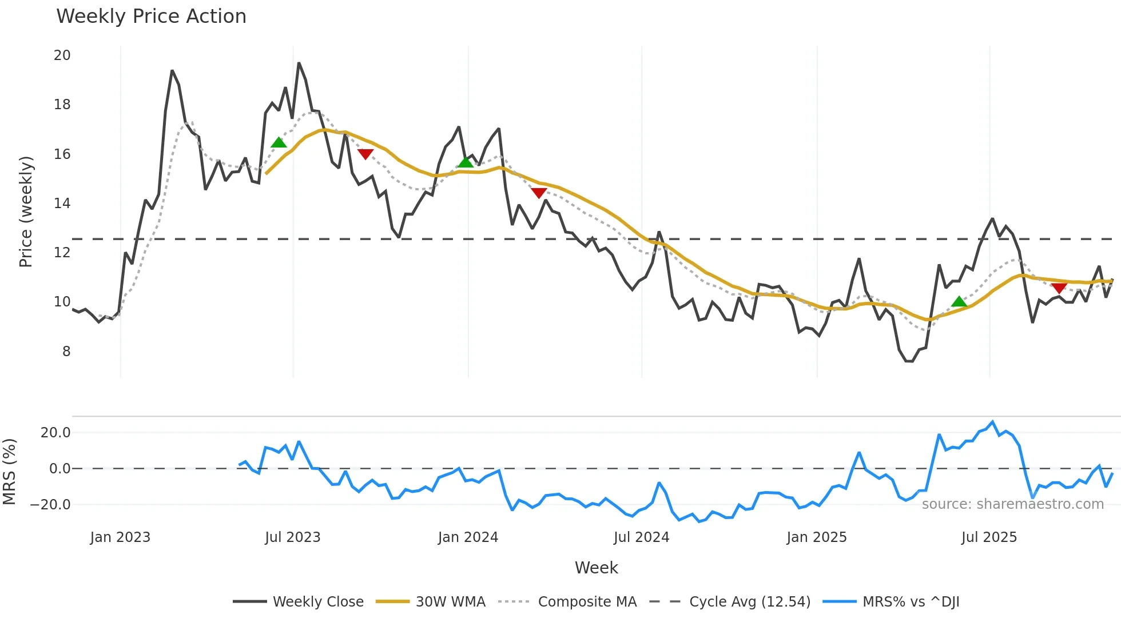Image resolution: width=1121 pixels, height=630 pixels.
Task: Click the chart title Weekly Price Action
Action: [x=151, y=17]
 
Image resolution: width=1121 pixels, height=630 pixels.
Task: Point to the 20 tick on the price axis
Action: [x=62, y=55]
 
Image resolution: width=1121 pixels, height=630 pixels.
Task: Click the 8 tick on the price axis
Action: [x=66, y=352]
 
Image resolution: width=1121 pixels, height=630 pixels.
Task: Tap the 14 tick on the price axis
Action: [x=62, y=204]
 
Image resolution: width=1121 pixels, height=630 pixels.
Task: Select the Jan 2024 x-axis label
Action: [x=468, y=537]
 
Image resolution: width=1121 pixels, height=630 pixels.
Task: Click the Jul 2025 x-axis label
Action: [x=989, y=537]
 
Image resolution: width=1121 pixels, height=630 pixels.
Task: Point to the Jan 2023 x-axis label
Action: [x=120, y=537]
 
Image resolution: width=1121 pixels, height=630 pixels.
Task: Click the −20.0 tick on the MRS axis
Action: [x=50, y=505]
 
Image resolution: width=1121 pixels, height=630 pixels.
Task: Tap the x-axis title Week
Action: [x=596, y=568]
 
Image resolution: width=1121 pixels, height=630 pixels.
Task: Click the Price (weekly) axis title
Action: [x=26, y=212]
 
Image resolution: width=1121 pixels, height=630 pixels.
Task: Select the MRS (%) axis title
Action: [x=9, y=472]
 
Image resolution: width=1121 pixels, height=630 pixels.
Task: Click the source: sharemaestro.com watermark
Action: [x=1012, y=504]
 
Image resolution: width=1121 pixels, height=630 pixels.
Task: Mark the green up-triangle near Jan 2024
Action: [x=466, y=162]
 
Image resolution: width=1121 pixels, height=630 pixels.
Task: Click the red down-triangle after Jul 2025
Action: [x=1059, y=288]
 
